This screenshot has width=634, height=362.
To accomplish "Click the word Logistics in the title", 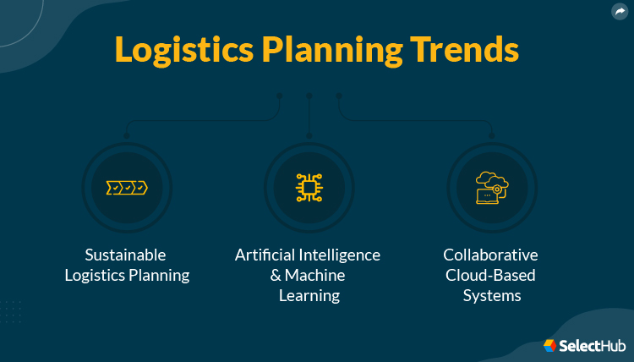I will click(173, 50).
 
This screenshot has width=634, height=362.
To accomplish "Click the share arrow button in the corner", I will click(620, 11).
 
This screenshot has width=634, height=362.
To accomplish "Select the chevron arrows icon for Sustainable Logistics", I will click(127, 187).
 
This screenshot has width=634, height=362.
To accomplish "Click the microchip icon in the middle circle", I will click(309, 187).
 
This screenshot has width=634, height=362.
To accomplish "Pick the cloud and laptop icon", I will click(491, 187).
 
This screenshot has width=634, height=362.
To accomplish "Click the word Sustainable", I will click(126, 255).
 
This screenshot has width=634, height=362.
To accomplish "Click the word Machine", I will click(314, 275).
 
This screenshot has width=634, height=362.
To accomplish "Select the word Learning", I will click(309, 295).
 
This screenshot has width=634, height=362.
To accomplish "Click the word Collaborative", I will click(490, 255).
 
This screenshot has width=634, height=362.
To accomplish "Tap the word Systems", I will click(491, 295).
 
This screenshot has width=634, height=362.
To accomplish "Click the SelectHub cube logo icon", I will click(550, 345).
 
